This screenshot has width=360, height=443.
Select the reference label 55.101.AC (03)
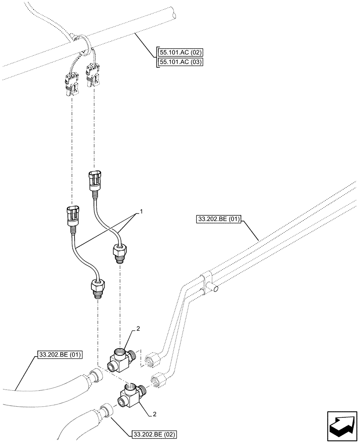point(180,62)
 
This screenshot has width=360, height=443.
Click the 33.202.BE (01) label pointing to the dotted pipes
point(218,219)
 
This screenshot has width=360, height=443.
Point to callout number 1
point(142,213)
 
